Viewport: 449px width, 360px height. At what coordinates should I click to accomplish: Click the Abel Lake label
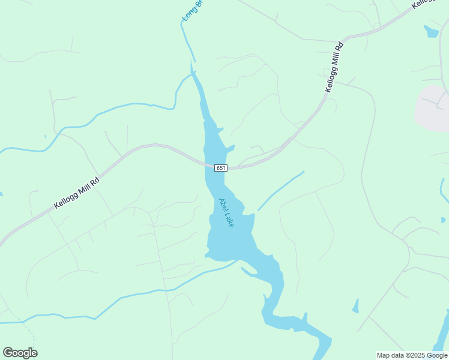point(226,213)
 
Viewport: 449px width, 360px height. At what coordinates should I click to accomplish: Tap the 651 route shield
point(221,168)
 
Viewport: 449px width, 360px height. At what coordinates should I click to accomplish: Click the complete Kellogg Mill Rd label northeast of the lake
point(334,66)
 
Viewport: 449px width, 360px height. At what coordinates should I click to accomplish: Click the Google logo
point(20,353)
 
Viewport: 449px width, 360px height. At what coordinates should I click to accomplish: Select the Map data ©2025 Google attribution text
point(412,355)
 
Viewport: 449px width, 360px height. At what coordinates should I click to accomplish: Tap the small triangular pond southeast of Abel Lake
point(355,307)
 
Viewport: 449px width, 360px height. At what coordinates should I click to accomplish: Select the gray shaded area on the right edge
point(432,108)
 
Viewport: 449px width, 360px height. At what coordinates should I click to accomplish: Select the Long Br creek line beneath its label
point(187,42)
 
